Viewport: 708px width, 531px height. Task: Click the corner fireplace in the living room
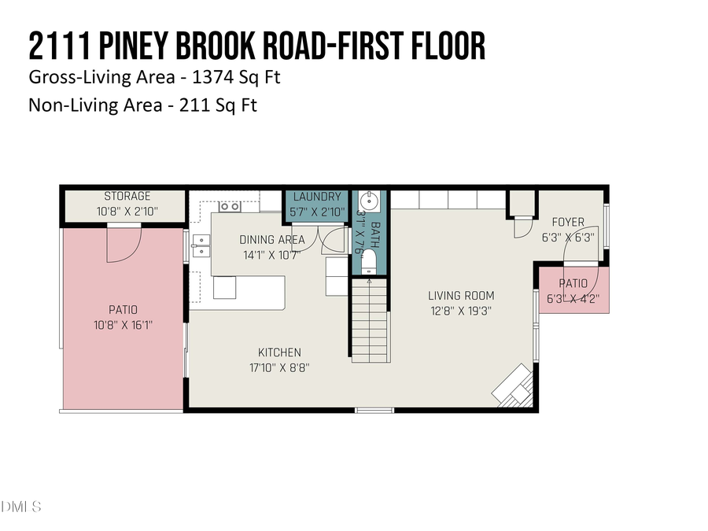click(513, 387)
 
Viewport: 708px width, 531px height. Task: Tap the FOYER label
click(567, 222)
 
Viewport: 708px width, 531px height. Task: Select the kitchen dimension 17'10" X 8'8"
click(279, 367)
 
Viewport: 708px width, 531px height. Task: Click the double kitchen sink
click(200, 246)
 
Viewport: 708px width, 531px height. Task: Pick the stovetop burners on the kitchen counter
click(230, 207)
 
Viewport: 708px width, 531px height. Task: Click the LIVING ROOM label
click(461, 296)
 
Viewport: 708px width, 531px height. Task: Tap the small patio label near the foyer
click(573, 283)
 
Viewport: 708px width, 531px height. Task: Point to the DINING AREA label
click(267, 239)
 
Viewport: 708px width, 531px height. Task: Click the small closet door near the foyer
click(522, 227)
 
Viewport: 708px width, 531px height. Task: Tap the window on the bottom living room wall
click(374, 410)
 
